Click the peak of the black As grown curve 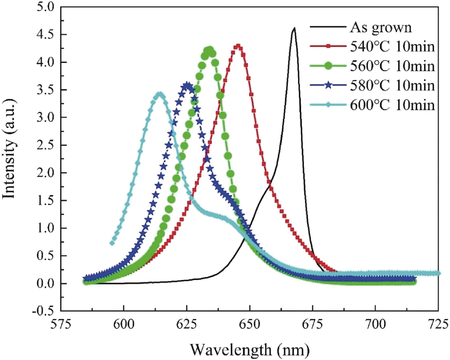point(294,28)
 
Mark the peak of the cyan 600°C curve point(160,94)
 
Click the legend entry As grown point(381,27)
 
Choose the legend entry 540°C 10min point(392,47)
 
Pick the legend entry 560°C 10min point(392,66)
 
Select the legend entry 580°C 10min point(392,85)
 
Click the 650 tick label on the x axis point(250,324)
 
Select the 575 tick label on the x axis point(61,324)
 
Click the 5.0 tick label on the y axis point(45,7)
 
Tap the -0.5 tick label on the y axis point(43,311)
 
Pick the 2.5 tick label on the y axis point(45,145)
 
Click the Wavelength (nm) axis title point(249,350)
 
